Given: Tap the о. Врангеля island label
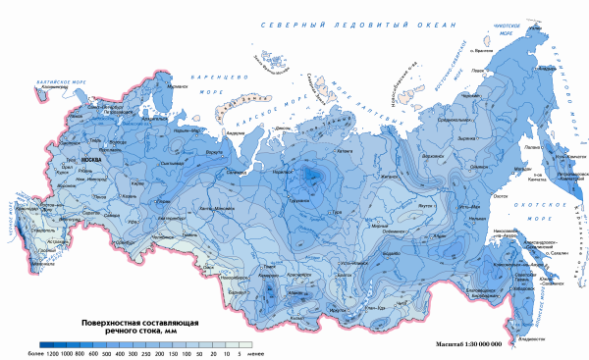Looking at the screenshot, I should (x=479, y=50).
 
